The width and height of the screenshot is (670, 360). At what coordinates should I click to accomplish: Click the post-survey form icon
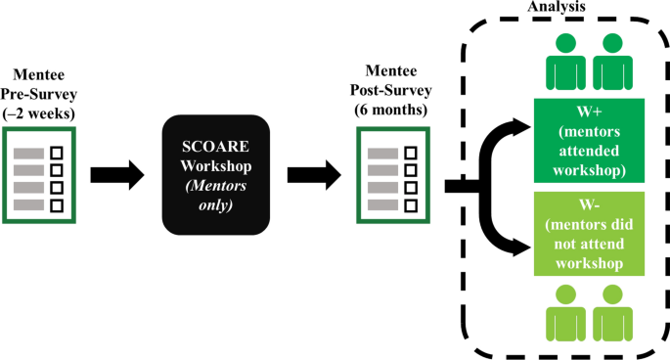click(394, 177)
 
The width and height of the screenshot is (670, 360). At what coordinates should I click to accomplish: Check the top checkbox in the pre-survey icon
click(56, 153)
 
